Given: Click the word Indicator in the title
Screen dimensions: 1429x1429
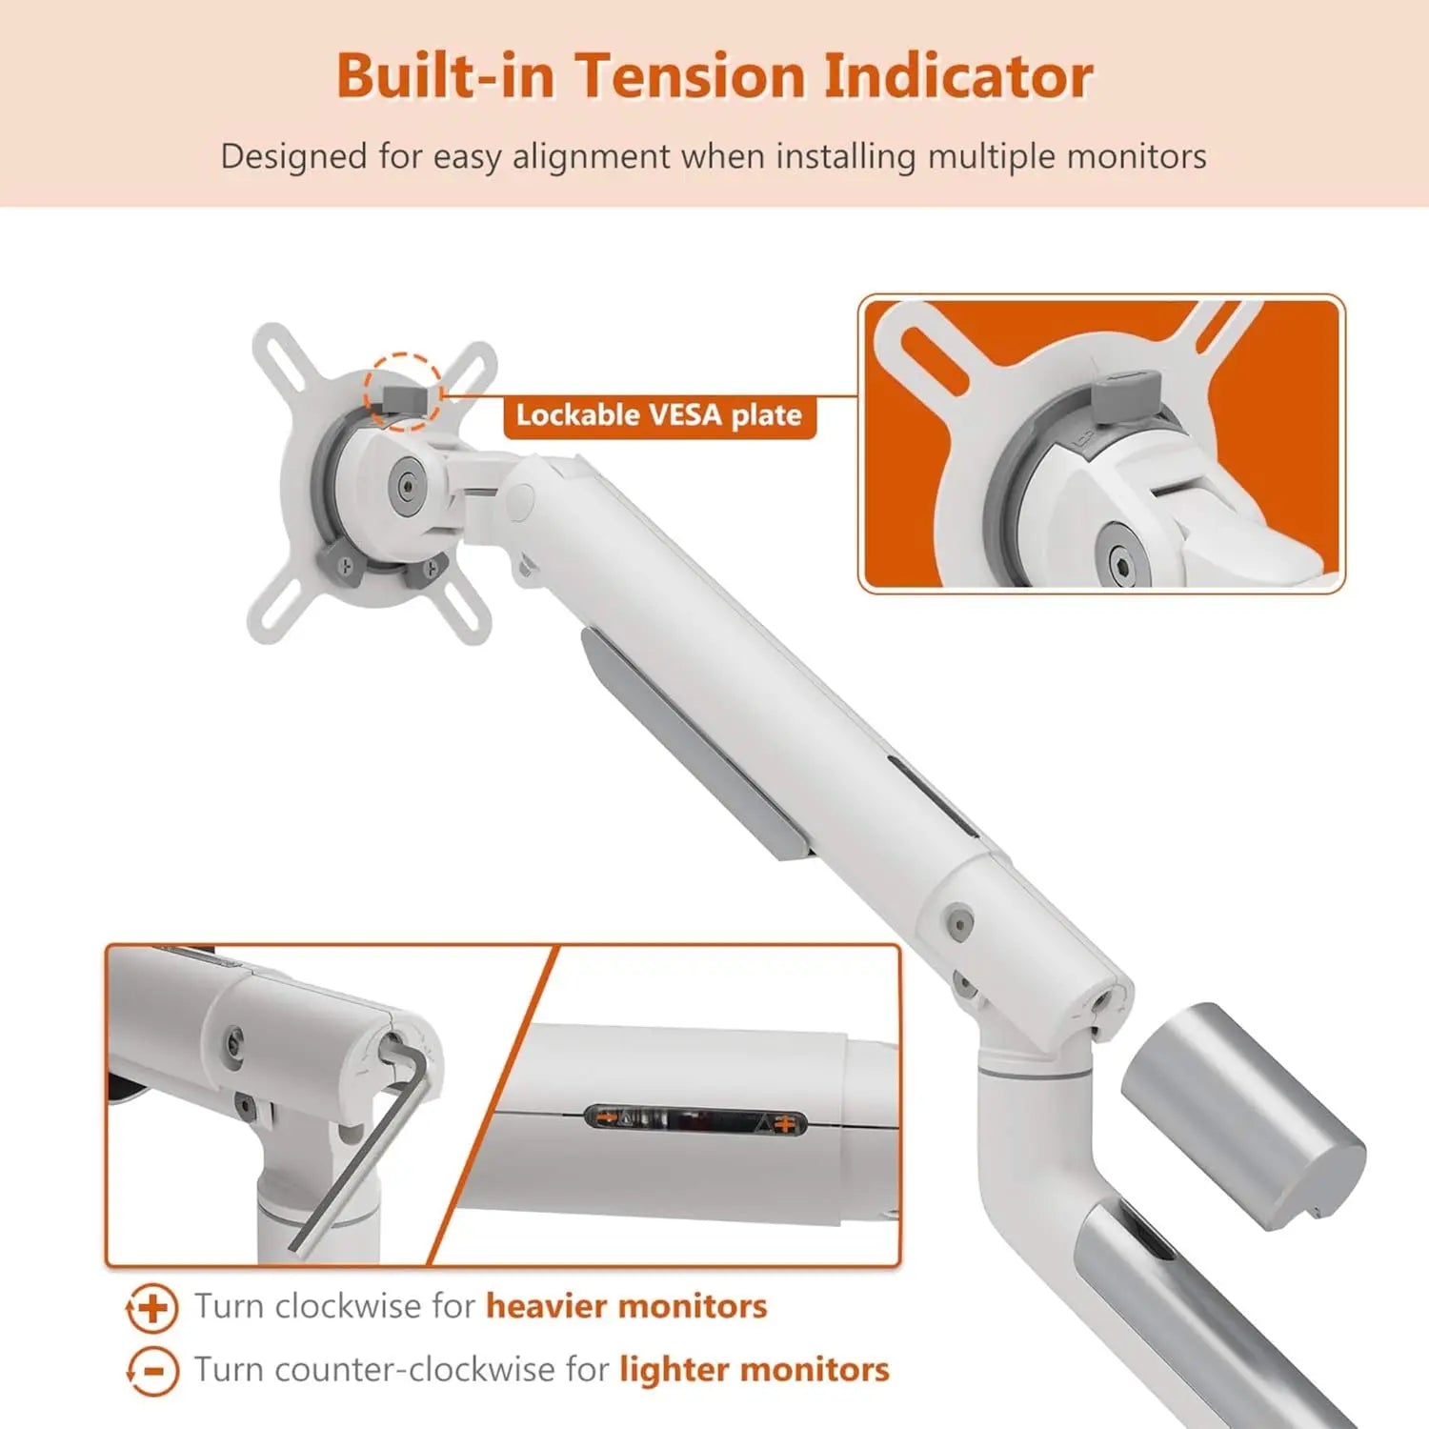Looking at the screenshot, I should pyautogui.click(x=957, y=76).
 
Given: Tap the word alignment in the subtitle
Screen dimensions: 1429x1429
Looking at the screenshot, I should pyautogui.click(x=591, y=156).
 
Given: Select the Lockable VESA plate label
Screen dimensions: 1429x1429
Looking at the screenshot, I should pyautogui.click(x=659, y=416).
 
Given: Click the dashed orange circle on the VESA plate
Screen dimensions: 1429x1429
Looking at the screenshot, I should pyautogui.click(x=402, y=392).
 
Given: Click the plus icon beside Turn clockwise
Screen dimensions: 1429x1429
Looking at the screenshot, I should pyautogui.click(x=152, y=1308).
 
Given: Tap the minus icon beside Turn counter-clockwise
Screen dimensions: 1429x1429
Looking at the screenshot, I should pyautogui.click(x=152, y=1371).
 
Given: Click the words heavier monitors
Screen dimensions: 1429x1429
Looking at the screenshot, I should pyautogui.click(x=626, y=1306).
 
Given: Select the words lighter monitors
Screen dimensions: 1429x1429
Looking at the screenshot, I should pyautogui.click(x=754, y=1370).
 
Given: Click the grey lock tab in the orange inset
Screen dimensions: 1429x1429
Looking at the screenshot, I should pyautogui.click(x=1126, y=397).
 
